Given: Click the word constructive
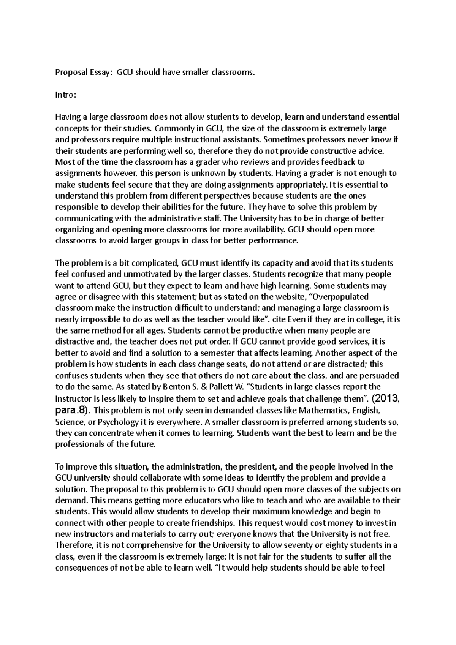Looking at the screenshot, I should click(323, 151).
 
